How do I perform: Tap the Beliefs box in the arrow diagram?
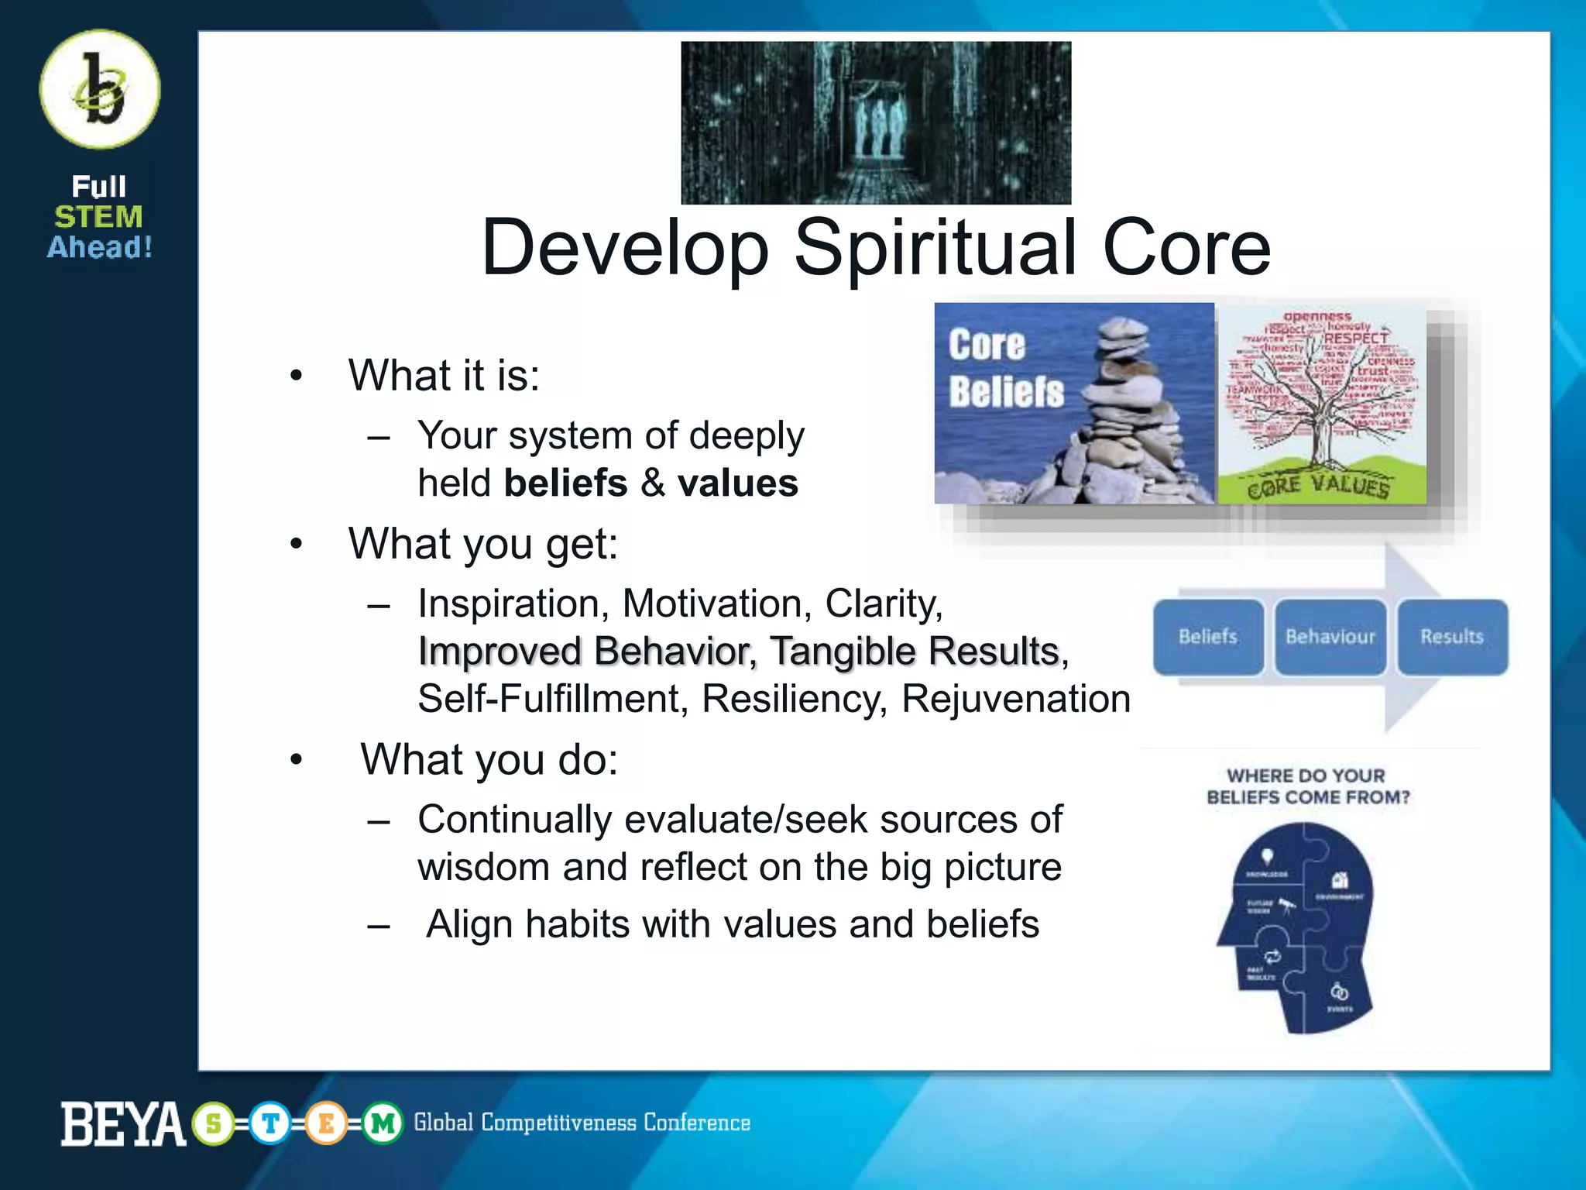1207,637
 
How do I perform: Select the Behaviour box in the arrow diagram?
1330,637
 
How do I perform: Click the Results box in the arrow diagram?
1452,637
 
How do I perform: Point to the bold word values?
737,483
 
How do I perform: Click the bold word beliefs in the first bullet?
565,483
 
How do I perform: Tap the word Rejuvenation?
1015,699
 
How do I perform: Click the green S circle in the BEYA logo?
214,1123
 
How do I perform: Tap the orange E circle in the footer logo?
326,1123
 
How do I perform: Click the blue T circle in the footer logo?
270,1123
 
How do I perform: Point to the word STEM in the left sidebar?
98,217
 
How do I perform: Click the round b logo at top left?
100,90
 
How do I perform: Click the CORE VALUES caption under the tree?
1319,487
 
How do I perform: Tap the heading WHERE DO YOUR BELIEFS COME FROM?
1307,786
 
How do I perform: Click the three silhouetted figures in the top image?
877,124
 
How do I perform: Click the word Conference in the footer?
696,1123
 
